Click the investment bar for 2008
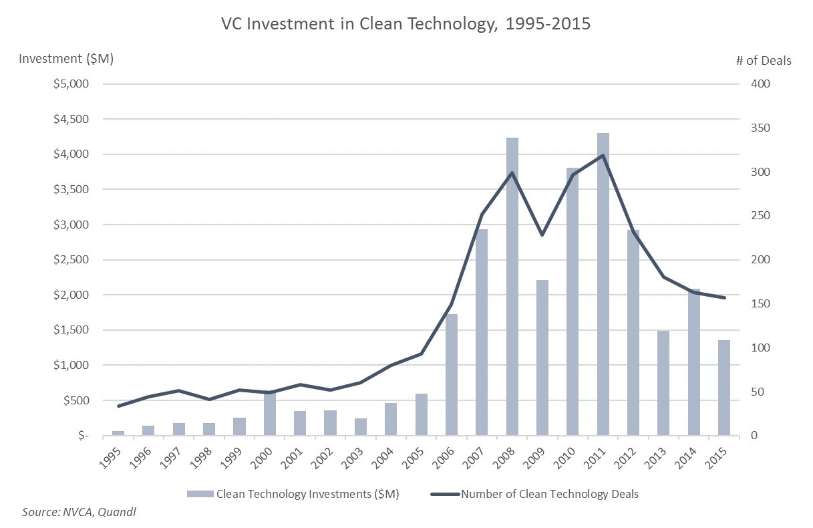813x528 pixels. (x=512, y=287)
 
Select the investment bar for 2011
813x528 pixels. (x=603, y=285)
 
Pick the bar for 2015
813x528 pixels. (x=724, y=388)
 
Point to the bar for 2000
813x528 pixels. (x=269, y=414)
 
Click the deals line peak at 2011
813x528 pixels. (x=603, y=155)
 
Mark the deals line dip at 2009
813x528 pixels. (x=542, y=235)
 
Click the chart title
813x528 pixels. (x=406, y=25)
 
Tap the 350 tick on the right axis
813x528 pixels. (x=762, y=128)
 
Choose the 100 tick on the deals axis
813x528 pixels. (x=762, y=348)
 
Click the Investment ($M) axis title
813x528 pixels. (x=66, y=58)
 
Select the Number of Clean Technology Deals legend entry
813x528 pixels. (x=541, y=495)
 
